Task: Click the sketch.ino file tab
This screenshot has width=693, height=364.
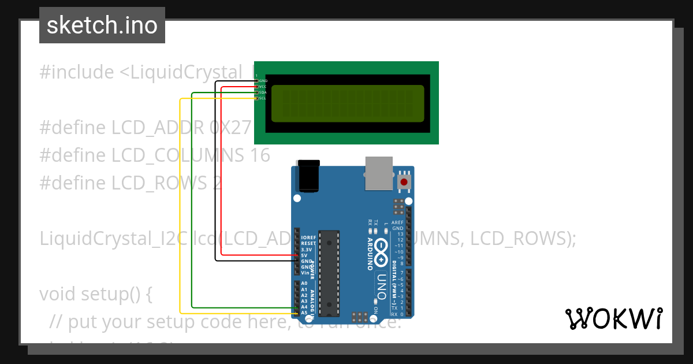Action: (102, 25)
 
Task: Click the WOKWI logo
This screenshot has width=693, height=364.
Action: (613, 318)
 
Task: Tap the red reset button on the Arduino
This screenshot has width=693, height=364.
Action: (404, 182)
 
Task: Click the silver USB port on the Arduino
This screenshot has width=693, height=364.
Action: (379, 173)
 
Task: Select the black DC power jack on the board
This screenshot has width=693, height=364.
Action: (308, 176)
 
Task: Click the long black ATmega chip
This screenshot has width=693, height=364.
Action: (329, 273)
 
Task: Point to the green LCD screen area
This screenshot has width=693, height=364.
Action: (347, 104)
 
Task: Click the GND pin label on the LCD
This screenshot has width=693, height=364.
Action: (263, 81)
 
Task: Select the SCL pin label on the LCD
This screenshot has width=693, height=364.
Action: (262, 98)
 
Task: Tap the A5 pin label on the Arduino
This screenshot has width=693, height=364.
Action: (304, 313)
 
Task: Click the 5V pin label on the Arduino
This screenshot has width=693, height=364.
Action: (304, 255)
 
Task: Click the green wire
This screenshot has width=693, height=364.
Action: (192, 202)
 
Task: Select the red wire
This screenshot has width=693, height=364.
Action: (222, 173)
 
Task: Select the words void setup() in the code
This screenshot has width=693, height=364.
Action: (95, 294)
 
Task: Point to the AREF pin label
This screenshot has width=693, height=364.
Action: (397, 222)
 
